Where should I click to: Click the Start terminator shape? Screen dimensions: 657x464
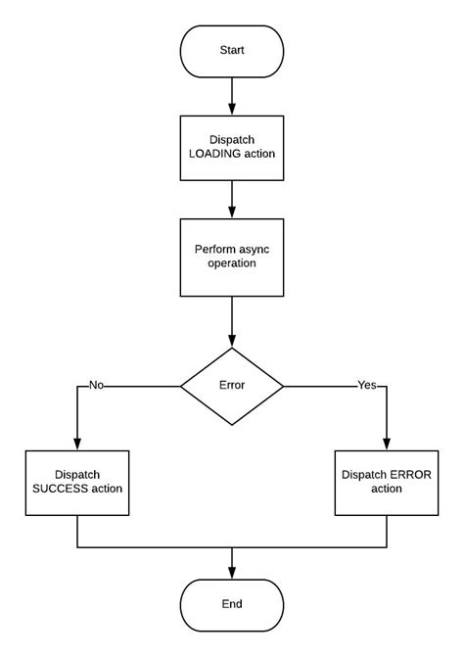pyautogui.click(x=232, y=51)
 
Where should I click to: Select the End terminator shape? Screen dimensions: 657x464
pyautogui.click(x=232, y=604)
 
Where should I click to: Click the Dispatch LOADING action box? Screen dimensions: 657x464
pyautogui.click(x=232, y=148)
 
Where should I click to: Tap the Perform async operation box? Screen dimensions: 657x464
pyautogui.click(x=232, y=257)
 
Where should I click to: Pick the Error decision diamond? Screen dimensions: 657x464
pyautogui.click(x=232, y=386)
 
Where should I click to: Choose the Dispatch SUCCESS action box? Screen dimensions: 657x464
pyautogui.click(x=76, y=483)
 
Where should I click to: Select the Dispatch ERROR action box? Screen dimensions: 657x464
pyautogui.click(x=387, y=483)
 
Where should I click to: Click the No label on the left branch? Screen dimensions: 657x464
pyautogui.click(x=96, y=386)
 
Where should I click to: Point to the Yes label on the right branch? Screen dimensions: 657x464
pyautogui.click(x=367, y=386)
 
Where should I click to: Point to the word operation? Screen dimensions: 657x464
pyautogui.click(x=232, y=264)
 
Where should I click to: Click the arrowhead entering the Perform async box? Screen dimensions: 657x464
pyautogui.click(x=232, y=212)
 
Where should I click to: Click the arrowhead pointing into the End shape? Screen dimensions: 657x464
pyautogui.click(x=232, y=573)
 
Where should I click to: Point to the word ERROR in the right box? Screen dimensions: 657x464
pyautogui.click(x=411, y=475)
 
